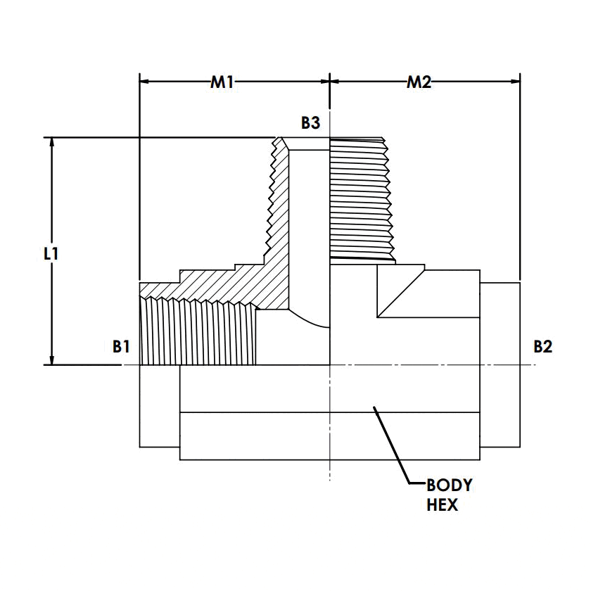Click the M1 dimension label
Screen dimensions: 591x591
222,82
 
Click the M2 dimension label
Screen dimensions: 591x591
419,82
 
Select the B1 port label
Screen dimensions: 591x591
121,346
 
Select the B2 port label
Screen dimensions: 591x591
542,346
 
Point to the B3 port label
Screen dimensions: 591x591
310,124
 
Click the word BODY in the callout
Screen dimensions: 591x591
450,485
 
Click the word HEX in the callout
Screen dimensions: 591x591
442,504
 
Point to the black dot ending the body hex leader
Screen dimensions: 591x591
375,407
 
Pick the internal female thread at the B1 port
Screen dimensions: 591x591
197,331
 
